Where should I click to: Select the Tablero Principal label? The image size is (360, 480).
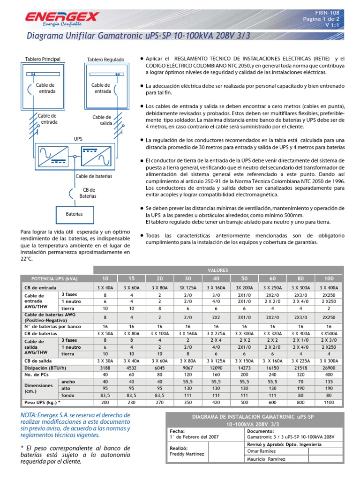(x=43, y=59)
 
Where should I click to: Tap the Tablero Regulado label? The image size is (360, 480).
(x=106, y=60)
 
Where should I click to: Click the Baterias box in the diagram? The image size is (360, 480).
(x=74, y=214)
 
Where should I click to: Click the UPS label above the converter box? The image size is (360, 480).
(x=78, y=139)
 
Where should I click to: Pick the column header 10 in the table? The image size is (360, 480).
(x=105, y=278)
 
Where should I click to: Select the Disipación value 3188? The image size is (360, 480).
(x=105, y=368)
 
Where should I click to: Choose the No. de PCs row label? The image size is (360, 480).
(x=36, y=375)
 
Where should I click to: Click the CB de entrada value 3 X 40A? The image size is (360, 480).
(x=105, y=287)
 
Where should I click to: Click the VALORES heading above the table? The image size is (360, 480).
(x=218, y=270)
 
